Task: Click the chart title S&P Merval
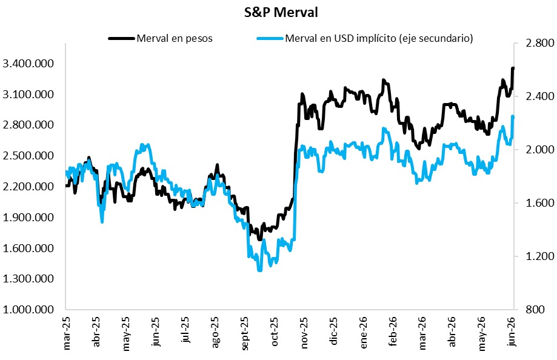point(281,13)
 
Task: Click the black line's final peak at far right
point(513,68)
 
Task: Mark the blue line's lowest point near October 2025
point(259,270)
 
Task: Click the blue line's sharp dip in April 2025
point(102,222)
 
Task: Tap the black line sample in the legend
point(121,38)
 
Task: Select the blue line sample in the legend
point(270,38)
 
